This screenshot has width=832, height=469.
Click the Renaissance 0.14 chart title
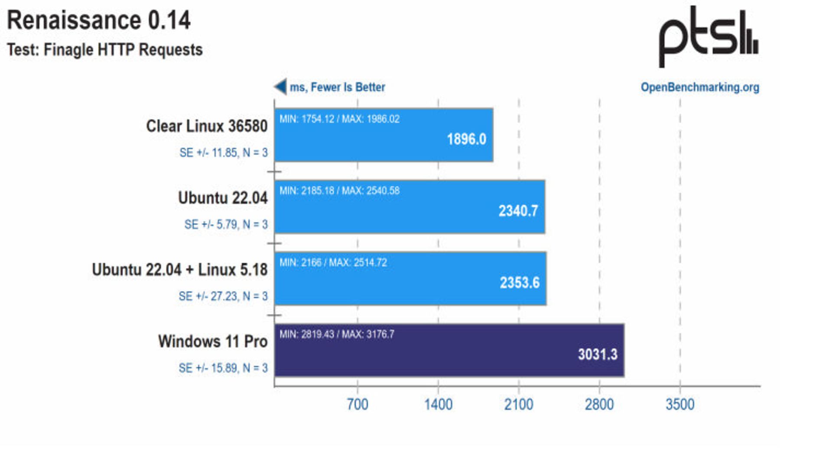point(99,20)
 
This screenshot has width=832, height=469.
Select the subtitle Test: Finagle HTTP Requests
point(105,50)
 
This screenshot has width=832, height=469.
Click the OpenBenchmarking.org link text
point(700,87)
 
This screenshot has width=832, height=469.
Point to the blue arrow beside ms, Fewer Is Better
point(280,87)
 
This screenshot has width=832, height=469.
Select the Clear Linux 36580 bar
point(383,135)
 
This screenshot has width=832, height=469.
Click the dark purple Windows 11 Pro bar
point(449,351)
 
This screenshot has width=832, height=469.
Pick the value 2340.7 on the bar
point(518,211)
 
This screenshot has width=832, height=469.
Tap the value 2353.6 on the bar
point(520,283)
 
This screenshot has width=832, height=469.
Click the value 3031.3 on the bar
point(598,354)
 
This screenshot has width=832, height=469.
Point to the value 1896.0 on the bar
point(466,139)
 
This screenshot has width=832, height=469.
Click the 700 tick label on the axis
point(357,404)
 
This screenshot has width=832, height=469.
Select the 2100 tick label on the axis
point(519,404)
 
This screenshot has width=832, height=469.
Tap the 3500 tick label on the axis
point(680,404)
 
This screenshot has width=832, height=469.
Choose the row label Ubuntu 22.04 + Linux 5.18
point(180,270)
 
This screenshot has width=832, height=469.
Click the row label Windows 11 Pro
point(213,341)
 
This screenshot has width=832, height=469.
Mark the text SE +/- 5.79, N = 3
point(226,224)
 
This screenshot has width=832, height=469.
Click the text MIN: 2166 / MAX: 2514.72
point(333,262)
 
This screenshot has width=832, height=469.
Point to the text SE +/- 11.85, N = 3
point(224,153)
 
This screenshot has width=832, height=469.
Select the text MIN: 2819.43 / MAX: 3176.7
point(337,335)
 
